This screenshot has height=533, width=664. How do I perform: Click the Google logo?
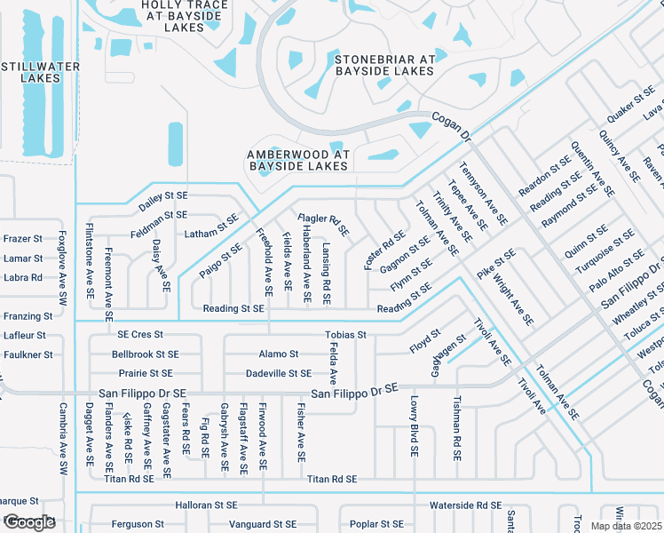(x=28, y=522)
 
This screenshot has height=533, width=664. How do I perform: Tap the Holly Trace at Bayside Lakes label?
(x=184, y=16)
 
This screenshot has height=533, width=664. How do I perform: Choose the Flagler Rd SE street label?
(x=323, y=228)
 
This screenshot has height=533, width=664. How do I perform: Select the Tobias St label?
(x=345, y=335)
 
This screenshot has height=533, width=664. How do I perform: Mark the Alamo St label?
(x=279, y=354)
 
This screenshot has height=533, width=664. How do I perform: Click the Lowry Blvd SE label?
(x=414, y=426)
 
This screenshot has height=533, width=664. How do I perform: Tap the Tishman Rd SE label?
(x=457, y=429)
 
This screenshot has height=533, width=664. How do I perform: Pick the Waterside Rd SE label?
(x=465, y=505)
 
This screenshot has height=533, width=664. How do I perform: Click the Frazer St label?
(x=23, y=239)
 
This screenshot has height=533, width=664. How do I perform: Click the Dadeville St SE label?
(x=278, y=373)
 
